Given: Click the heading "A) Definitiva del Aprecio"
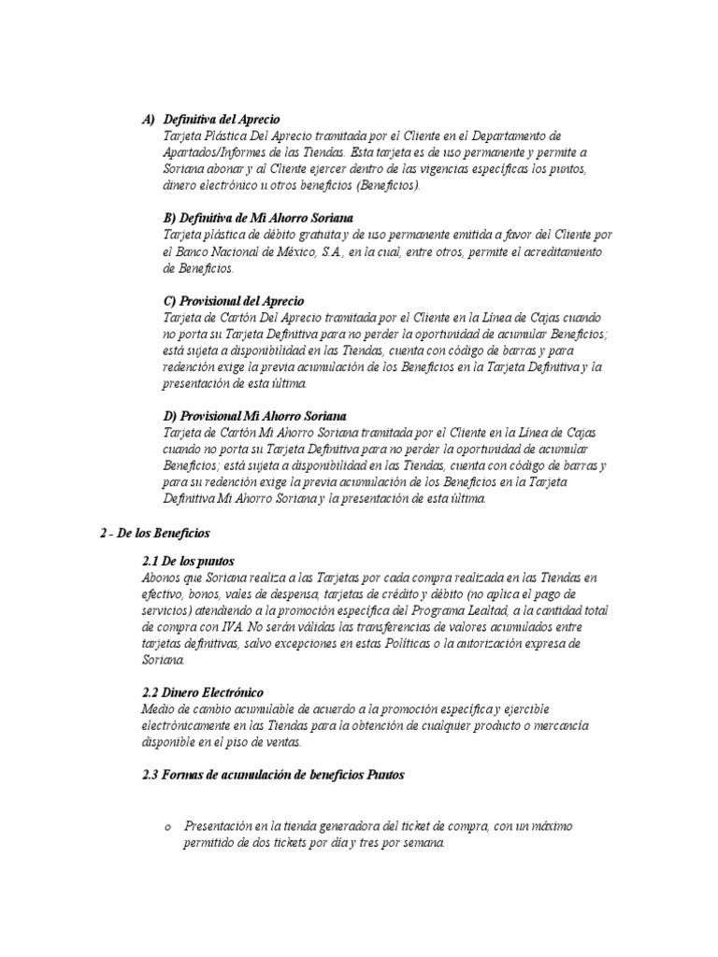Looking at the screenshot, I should point(211,120).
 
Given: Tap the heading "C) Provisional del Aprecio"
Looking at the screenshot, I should point(234,302).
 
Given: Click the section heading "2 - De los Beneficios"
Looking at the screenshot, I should point(155,533).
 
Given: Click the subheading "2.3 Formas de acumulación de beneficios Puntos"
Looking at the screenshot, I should point(271,775).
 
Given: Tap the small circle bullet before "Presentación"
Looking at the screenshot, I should point(167,828).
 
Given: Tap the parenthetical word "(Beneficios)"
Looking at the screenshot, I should point(387,185).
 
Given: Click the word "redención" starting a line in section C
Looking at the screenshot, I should point(189,367).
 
